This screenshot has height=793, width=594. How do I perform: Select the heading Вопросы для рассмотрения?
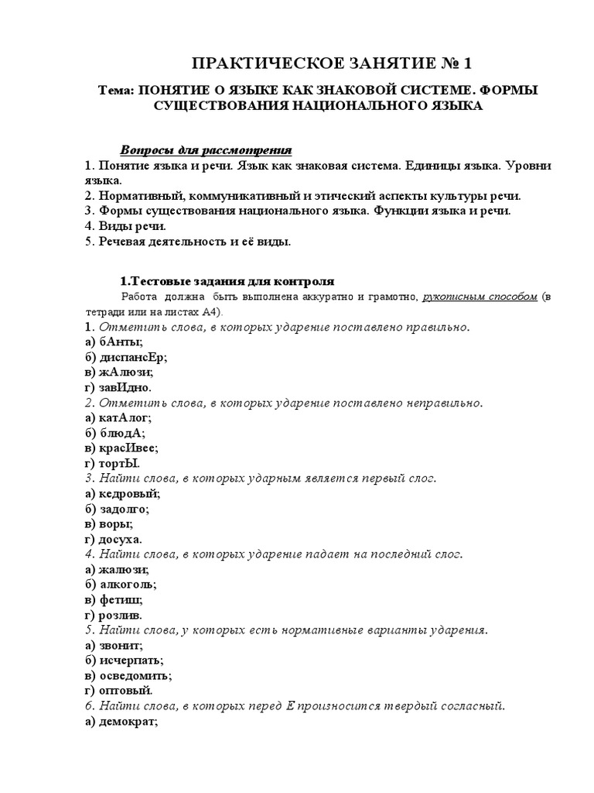coord(206,149)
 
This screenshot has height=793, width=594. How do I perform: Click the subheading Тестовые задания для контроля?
coord(228,280)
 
